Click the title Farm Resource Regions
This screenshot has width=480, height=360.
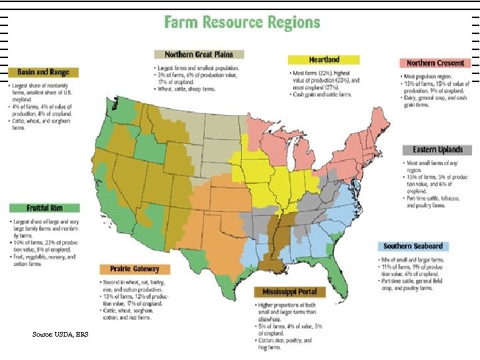tap(242, 22)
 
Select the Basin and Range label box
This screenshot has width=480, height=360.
tap(43, 72)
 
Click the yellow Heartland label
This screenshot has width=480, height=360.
tap(323, 60)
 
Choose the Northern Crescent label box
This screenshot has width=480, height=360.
tap(435, 63)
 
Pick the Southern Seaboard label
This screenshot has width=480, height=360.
tap(413, 246)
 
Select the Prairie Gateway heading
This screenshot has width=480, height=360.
tap(135, 269)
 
